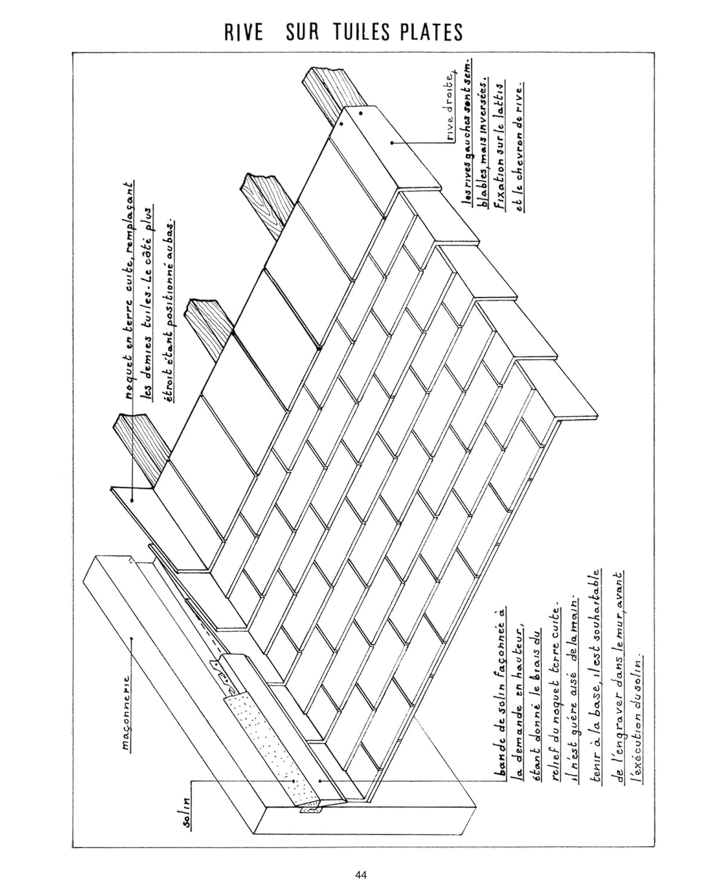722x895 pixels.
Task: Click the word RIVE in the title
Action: (243, 32)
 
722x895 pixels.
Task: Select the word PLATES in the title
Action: (433, 32)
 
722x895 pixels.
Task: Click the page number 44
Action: (360, 875)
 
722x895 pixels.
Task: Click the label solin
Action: (187, 811)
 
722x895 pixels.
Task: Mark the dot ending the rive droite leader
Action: (392, 142)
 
